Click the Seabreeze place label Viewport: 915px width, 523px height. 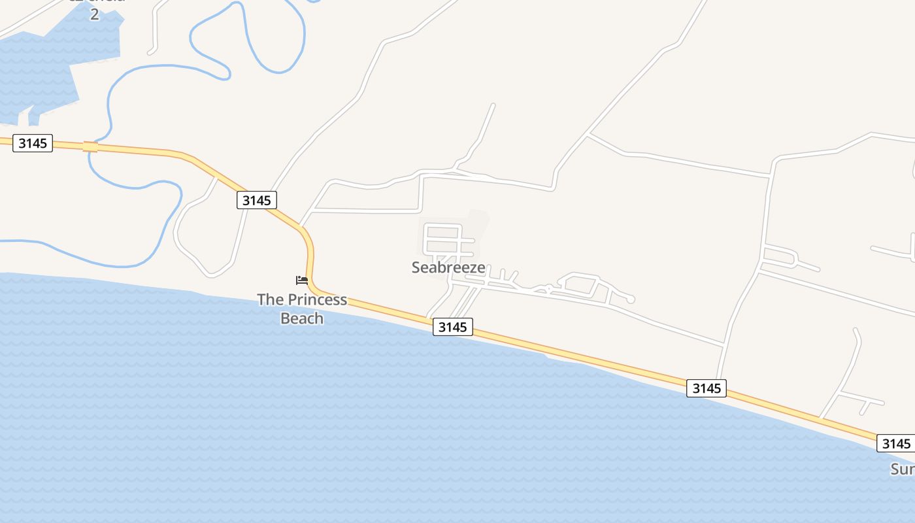448,267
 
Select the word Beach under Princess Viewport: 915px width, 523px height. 302,318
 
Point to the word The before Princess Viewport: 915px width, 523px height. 271,300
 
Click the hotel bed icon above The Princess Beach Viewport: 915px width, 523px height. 301,280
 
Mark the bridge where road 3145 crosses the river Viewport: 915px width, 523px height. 90,146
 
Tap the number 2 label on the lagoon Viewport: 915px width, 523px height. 94,14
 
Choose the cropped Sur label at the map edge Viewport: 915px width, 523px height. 903,469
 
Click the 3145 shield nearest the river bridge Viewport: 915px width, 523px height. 33,143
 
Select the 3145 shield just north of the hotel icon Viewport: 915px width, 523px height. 256,200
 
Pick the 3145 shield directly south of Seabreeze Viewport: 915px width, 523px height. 452,327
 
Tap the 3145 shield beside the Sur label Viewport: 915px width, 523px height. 895,444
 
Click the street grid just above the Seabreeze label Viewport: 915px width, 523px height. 443,240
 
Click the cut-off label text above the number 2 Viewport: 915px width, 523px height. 96,2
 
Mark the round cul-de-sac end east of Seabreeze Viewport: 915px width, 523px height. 630,299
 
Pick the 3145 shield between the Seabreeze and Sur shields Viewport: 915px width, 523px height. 707,388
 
